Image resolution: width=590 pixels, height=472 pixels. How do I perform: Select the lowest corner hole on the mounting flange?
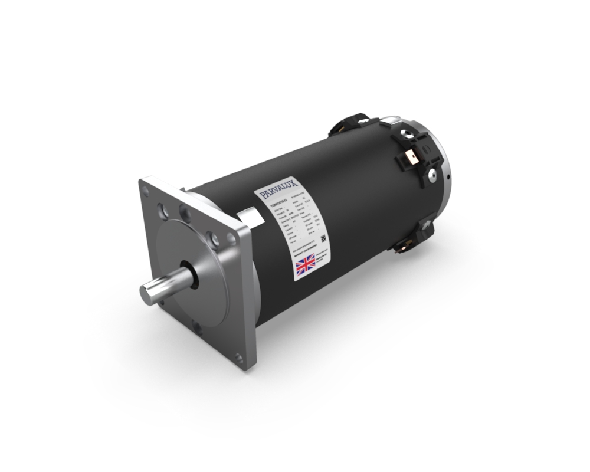[239, 357]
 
